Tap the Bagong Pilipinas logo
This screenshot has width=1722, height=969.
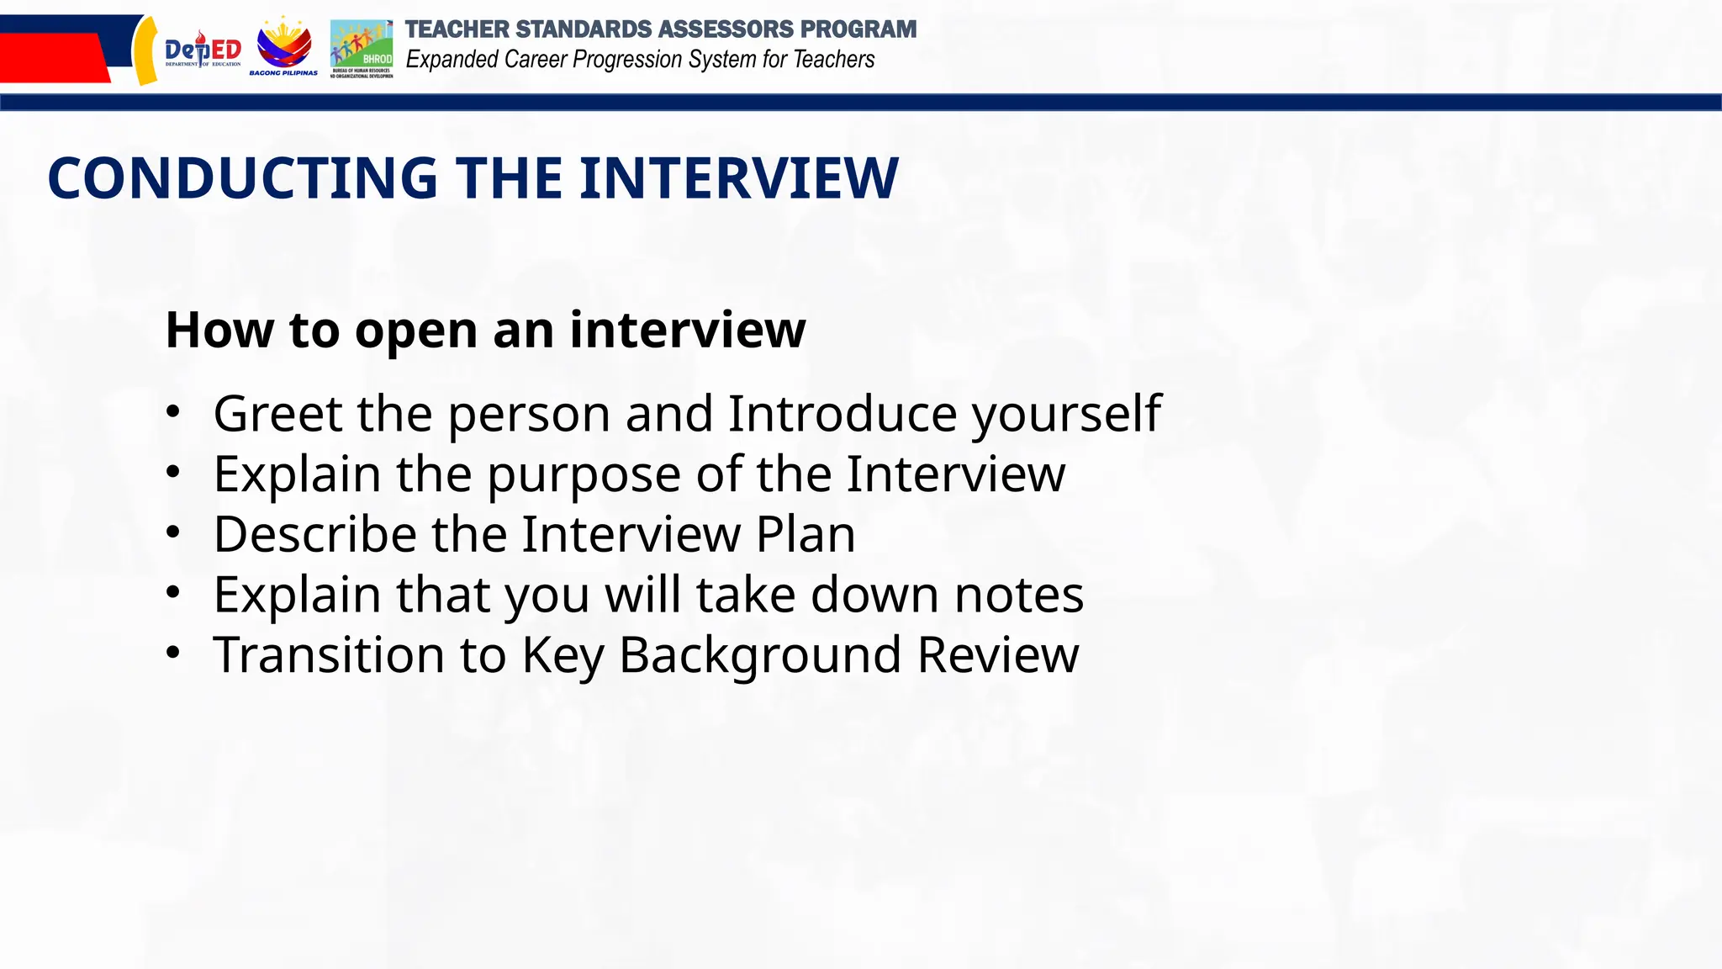click(x=284, y=46)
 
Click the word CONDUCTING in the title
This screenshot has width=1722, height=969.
click(x=243, y=178)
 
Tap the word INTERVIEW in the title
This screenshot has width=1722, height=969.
click(x=738, y=178)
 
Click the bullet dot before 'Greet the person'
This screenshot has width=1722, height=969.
click(x=172, y=412)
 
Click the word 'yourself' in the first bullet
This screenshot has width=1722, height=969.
click(x=1066, y=414)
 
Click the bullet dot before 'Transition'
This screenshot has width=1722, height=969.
click(x=172, y=653)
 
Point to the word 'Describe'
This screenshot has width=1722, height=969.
click(x=314, y=534)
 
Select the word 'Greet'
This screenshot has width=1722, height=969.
click(x=277, y=414)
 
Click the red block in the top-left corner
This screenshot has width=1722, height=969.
click(x=50, y=57)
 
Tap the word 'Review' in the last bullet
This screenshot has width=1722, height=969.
click(x=997, y=654)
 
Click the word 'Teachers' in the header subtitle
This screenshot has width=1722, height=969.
click(x=833, y=60)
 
